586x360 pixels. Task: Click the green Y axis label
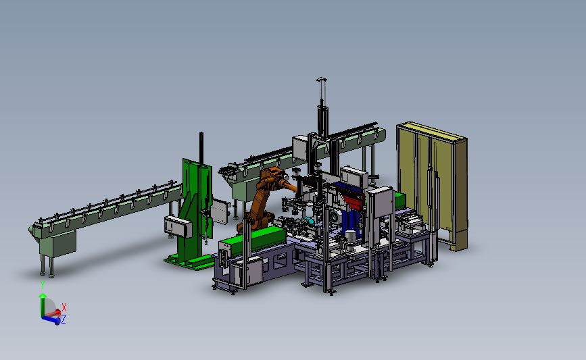point(43,285)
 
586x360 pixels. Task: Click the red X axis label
point(64,307)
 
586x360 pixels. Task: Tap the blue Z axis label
point(64,319)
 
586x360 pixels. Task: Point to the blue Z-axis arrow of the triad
point(51,319)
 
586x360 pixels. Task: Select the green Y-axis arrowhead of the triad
point(43,296)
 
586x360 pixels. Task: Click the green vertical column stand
point(195,209)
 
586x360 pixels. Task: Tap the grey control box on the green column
point(178,226)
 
